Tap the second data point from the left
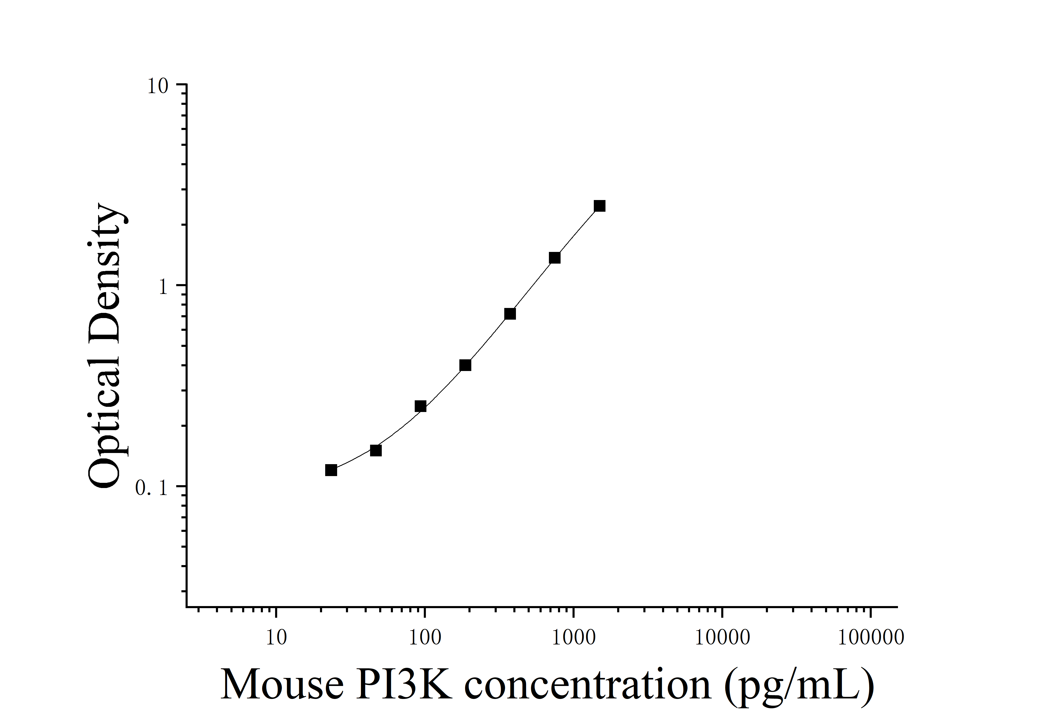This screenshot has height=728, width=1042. pos(376,450)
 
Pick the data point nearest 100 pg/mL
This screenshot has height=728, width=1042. pos(421,406)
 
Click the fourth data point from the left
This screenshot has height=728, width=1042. pos(465,365)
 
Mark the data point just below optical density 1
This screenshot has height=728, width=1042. pos(510,314)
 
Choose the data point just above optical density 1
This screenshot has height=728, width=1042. pos(555,258)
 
